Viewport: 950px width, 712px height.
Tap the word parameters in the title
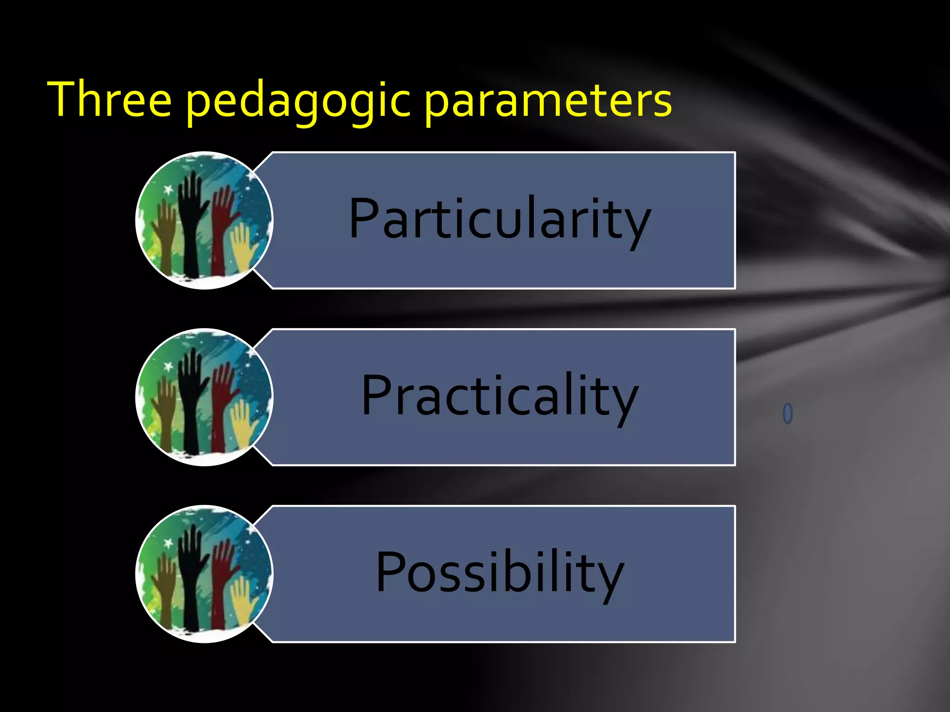pyautogui.click(x=548, y=101)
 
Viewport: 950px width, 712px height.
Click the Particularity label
pyautogui.click(x=500, y=219)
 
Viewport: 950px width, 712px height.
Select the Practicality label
pyautogui.click(x=500, y=396)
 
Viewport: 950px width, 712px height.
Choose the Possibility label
pyautogui.click(x=500, y=572)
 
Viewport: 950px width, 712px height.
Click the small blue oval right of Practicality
pyautogui.click(x=788, y=413)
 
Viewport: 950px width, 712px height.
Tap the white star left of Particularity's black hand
pyautogui.click(x=168, y=190)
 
